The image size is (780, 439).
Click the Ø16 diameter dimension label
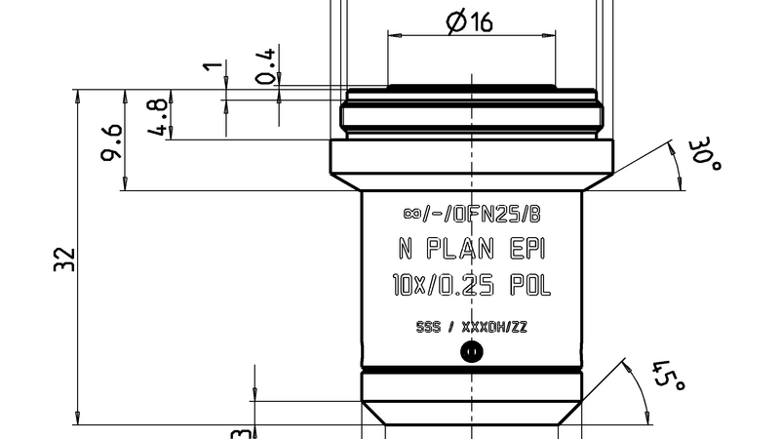(x=470, y=22)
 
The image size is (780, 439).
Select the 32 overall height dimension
(x=64, y=259)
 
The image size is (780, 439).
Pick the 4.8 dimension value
(x=159, y=115)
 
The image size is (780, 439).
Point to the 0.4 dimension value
(x=265, y=64)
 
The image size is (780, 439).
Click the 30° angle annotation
(x=703, y=156)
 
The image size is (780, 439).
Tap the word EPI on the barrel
(x=527, y=250)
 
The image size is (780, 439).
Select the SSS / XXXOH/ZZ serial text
(x=471, y=327)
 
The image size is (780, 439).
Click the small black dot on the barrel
(x=471, y=352)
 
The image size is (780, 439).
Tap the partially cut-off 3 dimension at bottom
(x=236, y=432)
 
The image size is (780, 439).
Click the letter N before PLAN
(x=406, y=250)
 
